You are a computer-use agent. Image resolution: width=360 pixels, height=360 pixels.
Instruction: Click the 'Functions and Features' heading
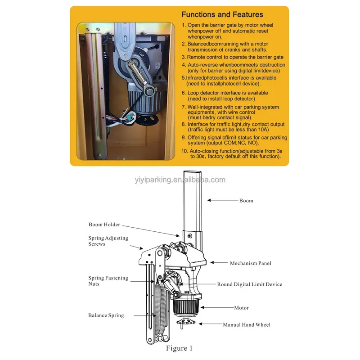pos(222,14)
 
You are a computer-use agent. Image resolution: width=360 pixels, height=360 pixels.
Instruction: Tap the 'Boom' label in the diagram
pos(246,201)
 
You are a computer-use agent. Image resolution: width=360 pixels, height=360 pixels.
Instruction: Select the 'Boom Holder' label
pos(104,225)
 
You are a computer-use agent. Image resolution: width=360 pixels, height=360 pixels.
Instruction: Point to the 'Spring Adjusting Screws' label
pos(108,241)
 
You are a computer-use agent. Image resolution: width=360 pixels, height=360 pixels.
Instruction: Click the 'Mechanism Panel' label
pos(251,263)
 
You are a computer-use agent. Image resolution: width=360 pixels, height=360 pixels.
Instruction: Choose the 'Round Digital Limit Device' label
pos(250,284)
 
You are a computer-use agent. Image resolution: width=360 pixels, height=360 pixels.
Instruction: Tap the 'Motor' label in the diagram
pos(241,308)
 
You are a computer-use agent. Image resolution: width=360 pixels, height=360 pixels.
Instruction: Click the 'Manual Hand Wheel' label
pos(247,324)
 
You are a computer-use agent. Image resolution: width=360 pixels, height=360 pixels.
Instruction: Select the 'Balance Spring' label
pos(106,315)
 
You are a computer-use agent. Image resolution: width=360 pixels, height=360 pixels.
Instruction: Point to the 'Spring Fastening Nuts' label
pos(108,281)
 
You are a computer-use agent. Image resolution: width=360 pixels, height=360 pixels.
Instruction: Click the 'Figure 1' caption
pos(179,348)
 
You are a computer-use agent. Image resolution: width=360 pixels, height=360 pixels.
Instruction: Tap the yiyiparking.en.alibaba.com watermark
pos(180,180)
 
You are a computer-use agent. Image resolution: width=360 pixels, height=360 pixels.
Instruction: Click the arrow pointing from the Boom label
pos(223,200)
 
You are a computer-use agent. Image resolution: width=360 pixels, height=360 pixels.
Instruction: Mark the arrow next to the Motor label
pos(217,307)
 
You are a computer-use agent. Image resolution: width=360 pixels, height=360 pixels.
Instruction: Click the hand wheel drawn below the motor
pos(185,322)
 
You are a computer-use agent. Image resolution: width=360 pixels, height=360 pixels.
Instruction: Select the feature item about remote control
pos(233,57)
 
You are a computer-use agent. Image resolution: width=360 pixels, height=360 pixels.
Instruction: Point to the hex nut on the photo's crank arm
pos(149,92)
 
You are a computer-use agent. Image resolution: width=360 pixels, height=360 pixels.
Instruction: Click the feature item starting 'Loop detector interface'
pos(225,96)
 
